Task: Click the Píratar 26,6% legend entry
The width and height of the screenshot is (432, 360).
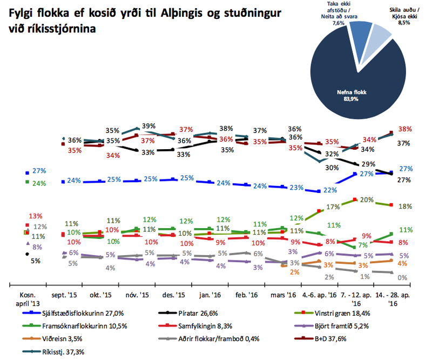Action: coord(202,313)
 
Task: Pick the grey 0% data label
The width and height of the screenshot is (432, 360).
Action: coord(403,277)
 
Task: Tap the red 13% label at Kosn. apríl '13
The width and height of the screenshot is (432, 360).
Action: coord(35,216)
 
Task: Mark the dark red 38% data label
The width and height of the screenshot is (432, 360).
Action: coord(405,129)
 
